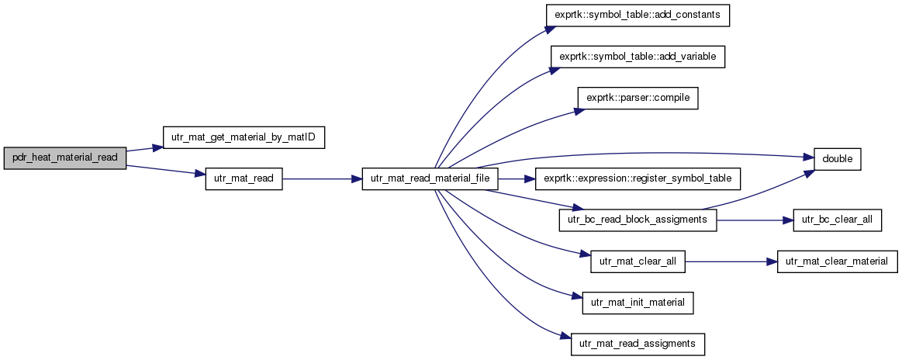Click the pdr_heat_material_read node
65,157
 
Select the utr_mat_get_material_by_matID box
244,138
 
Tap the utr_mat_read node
244,179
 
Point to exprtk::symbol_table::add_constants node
638,14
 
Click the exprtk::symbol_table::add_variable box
638,57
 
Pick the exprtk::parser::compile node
638,99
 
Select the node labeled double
837,158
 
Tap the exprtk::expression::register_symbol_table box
638,179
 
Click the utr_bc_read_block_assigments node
638,221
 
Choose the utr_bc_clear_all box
837,221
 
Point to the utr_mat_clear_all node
638,262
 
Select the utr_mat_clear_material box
837,262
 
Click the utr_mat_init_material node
638,303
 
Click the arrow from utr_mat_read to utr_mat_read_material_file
322,179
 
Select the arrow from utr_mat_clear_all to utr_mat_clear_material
731,262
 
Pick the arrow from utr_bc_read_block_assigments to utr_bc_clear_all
755,221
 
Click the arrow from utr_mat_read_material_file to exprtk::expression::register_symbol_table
516,179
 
